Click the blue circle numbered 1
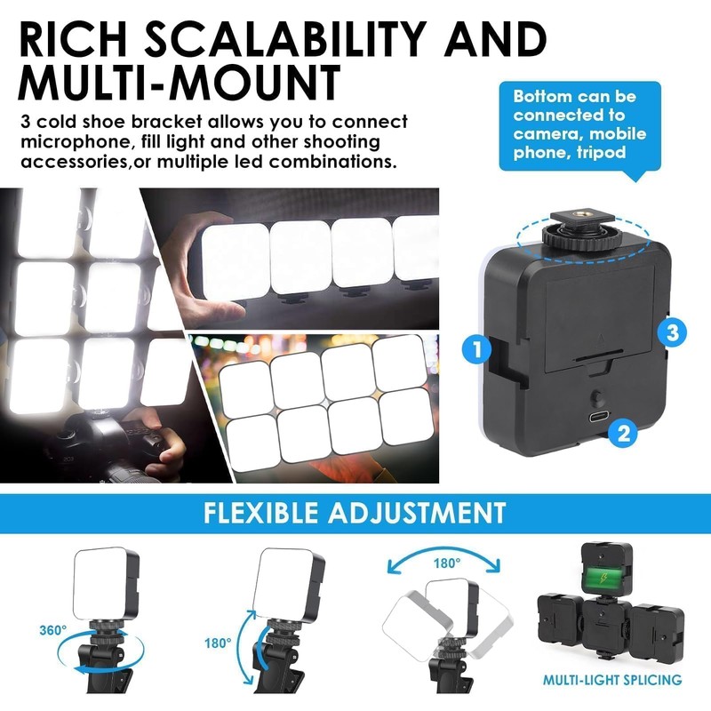(477, 349)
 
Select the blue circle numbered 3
(672, 333)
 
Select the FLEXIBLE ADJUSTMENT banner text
(355, 513)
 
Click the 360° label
(53, 630)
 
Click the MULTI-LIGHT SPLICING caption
(612, 681)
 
